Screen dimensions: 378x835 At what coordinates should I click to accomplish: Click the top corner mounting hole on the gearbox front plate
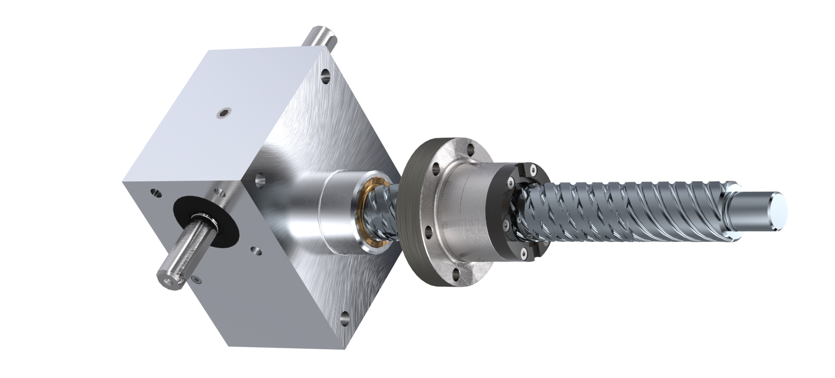(x=325, y=78)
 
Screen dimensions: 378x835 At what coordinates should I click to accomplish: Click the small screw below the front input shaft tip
(x=195, y=279)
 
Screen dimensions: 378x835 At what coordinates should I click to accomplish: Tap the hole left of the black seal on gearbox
(x=152, y=194)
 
